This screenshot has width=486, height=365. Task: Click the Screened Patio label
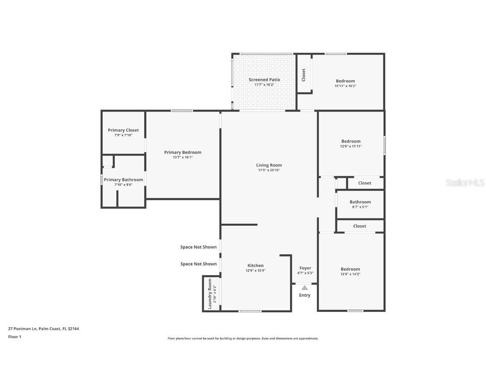[264, 79]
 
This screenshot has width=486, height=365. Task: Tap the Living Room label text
[269, 165]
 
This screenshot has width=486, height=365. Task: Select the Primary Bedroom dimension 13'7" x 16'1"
[183, 157]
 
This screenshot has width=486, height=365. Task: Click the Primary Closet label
[123, 130]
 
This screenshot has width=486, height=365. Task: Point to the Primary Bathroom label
[123, 180]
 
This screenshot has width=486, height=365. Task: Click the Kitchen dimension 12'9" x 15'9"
[256, 270]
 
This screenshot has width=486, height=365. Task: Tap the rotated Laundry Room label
[210, 294]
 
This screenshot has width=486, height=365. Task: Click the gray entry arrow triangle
[305, 288]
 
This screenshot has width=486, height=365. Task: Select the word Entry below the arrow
[305, 295]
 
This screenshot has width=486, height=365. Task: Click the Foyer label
[305, 268]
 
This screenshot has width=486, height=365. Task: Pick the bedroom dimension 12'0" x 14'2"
[351, 274]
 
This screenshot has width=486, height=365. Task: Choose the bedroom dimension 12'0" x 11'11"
[351, 146]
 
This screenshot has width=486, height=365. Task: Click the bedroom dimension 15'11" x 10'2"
[346, 86]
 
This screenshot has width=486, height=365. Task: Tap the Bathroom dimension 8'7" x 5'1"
[360, 207]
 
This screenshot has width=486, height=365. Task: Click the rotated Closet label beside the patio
[303, 75]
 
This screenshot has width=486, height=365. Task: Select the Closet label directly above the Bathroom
[364, 183]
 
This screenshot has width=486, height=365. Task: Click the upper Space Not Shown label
[198, 247]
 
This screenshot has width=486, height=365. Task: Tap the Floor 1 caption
[14, 337]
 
